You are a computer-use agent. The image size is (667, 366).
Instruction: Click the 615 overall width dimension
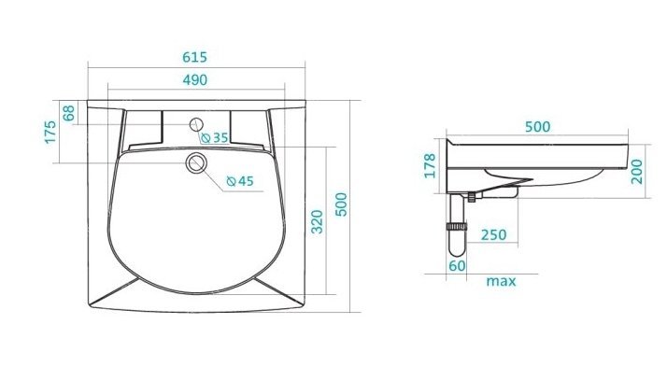coord(195,57)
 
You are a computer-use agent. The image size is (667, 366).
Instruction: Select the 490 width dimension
coord(195,80)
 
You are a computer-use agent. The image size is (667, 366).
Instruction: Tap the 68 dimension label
coord(68,113)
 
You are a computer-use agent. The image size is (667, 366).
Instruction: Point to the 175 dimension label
coord(50,132)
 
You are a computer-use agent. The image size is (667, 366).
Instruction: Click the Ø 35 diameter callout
coord(215,138)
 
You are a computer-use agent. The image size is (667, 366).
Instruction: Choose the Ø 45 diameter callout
coord(240,181)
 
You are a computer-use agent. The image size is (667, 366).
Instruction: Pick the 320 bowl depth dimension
coord(317,221)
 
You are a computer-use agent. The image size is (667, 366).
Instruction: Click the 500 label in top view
coord(341,204)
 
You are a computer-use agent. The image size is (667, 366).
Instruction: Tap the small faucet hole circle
coord(196,124)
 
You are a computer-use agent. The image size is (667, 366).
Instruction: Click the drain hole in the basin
coord(196,162)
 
